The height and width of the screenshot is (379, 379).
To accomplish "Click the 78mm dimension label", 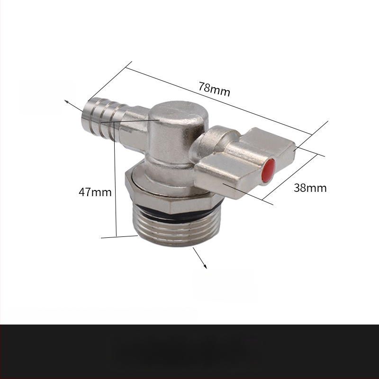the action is coord(214,89).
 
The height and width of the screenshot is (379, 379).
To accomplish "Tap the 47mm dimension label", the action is coord(95,192).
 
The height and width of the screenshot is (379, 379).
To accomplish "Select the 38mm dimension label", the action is coord(310,188).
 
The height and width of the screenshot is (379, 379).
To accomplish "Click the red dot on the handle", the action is coord(269,170).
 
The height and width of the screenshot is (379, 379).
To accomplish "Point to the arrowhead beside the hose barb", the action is coord(66,101).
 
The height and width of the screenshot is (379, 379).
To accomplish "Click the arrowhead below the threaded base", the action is coord(205,266).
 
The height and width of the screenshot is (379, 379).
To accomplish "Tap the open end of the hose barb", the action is coord(85,112).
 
